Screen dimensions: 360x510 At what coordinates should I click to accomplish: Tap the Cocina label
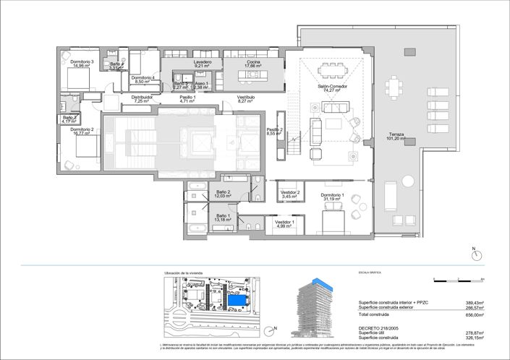pyautogui.click(x=252, y=62)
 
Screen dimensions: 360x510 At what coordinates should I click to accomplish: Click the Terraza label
pyautogui.click(x=396, y=134)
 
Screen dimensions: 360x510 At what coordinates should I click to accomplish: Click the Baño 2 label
pyautogui.click(x=223, y=192)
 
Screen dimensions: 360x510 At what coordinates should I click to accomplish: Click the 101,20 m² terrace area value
pyautogui.click(x=396, y=140)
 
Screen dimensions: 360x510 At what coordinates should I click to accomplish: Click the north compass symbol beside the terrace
pyautogui.click(x=475, y=255)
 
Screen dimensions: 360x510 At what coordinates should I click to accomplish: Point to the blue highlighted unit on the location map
pyautogui.click(x=235, y=299)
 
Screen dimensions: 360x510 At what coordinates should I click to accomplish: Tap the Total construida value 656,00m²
pyautogui.click(x=475, y=316)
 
